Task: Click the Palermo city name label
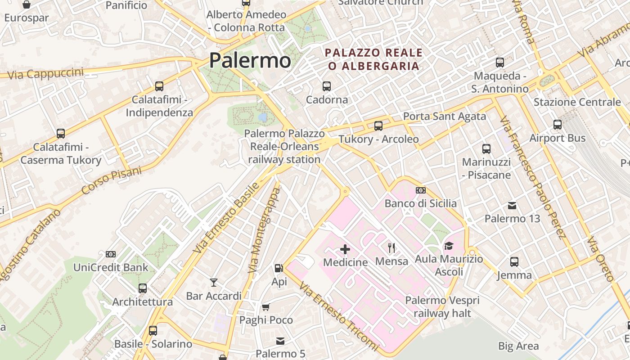click(250, 60)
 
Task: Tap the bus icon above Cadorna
click(327, 86)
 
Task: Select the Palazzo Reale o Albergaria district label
click(374, 59)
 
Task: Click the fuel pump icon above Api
click(279, 268)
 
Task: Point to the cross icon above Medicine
click(345, 249)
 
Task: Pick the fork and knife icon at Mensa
click(391, 247)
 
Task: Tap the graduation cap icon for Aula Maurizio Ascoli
click(449, 246)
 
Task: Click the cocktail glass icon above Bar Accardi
click(214, 283)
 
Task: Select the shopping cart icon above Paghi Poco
click(266, 307)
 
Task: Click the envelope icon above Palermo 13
click(512, 206)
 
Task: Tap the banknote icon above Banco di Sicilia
click(421, 190)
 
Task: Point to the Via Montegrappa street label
click(264, 230)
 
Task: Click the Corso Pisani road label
click(112, 181)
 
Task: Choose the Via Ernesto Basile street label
click(227, 218)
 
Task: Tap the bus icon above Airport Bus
click(558, 125)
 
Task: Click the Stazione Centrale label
click(577, 102)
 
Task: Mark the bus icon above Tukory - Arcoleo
click(378, 126)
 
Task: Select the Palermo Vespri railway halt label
click(442, 306)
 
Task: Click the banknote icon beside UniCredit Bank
click(111, 254)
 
